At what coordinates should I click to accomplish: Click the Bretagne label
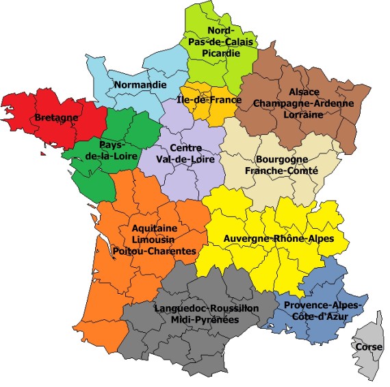pyautogui.click(x=56, y=118)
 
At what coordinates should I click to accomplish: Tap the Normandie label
pyautogui.click(x=140, y=84)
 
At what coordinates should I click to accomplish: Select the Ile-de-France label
pyautogui.click(x=209, y=99)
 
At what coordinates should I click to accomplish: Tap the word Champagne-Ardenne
pyautogui.click(x=303, y=103)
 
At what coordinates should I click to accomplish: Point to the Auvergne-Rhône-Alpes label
pyautogui.click(x=278, y=238)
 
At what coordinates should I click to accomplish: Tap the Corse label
pyautogui.click(x=369, y=347)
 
